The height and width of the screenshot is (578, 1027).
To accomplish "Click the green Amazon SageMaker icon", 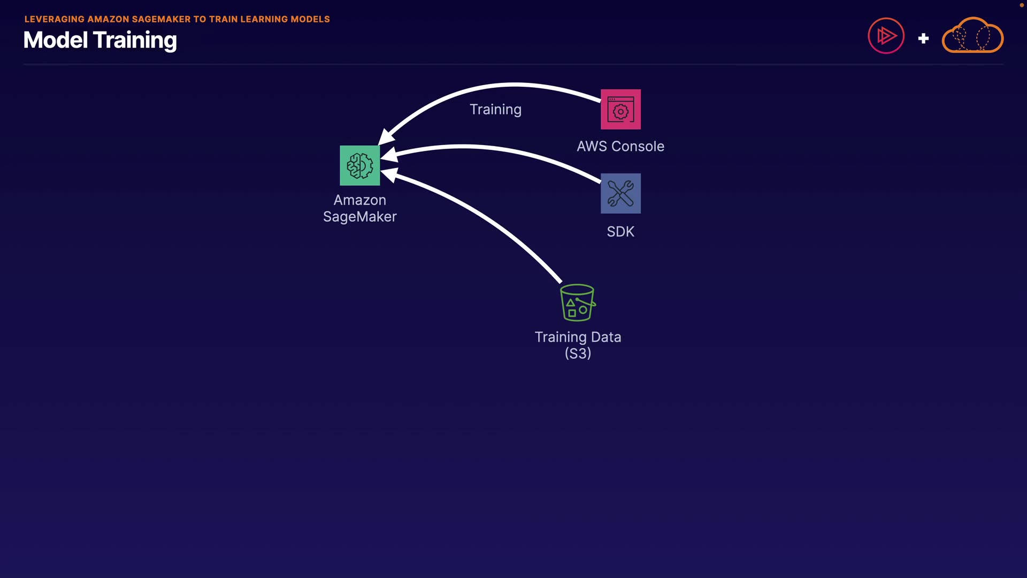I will (x=359, y=165).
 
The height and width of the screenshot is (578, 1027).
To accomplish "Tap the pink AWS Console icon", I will (x=620, y=109).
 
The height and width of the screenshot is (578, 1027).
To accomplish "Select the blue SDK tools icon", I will (x=620, y=193).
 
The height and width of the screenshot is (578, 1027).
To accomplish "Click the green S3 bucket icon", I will (x=577, y=302).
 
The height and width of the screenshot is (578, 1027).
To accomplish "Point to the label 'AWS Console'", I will (x=620, y=146).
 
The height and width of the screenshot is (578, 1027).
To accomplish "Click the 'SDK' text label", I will (x=620, y=232).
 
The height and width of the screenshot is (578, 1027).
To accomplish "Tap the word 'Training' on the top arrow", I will (x=495, y=110).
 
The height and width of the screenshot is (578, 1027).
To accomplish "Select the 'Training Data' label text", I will (x=578, y=337).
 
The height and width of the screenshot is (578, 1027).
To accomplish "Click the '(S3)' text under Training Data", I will (x=578, y=353).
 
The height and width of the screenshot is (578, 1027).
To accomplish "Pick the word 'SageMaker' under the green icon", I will (x=359, y=217).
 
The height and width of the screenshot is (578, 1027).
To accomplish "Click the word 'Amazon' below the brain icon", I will (x=359, y=200).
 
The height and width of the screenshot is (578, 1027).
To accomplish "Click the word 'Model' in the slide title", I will (x=55, y=40).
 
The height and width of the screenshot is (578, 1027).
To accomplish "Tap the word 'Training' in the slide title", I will (x=135, y=41).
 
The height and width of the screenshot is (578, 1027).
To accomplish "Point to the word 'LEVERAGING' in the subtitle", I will (x=54, y=19).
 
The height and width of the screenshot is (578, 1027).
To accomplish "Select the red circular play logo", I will (x=886, y=36).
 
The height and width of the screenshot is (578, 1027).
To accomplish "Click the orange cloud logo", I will (x=972, y=36).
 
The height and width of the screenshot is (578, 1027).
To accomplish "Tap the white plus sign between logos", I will (x=923, y=39).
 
